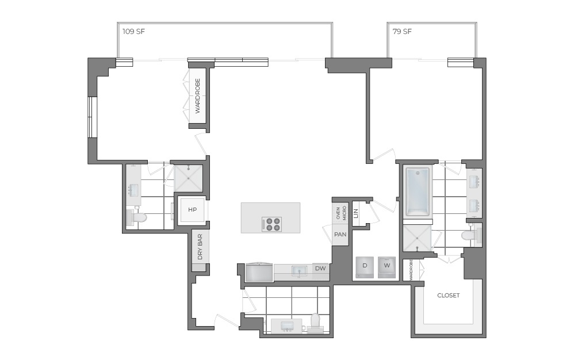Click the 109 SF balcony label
[133, 32]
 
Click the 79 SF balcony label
[402, 32]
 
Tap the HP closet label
[192, 210]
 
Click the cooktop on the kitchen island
[271, 224]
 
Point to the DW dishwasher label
[320, 268]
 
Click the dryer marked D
[365, 266]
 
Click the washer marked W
[387, 266]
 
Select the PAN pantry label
[340, 235]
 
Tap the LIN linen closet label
[356, 213]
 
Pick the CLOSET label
[448, 296]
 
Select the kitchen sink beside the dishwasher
[299, 270]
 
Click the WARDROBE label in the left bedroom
[197, 96]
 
